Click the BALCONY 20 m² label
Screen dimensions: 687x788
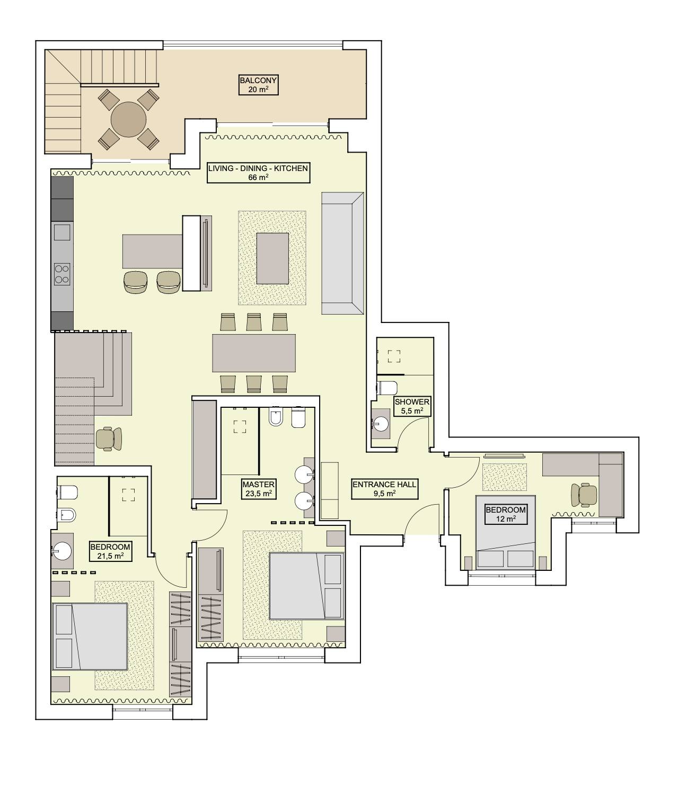(x=258, y=85)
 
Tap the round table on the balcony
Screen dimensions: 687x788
(x=128, y=119)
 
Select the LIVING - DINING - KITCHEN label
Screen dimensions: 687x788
(x=258, y=173)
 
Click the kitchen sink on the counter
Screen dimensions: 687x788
(x=62, y=232)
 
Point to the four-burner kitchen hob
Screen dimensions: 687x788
(x=62, y=274)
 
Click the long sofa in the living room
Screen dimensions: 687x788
(x=343, y=253)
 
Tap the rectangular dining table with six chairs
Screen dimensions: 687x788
(x=254, y=353)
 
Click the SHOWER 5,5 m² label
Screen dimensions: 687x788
(x=412, y=406)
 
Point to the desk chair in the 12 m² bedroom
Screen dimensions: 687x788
(x=583, y=495)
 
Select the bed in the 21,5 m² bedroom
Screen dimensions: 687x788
(x=90, y=637)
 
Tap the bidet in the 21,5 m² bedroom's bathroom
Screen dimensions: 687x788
(x=66, y=515)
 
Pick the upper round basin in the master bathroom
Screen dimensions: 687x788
(x=304, y=475)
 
